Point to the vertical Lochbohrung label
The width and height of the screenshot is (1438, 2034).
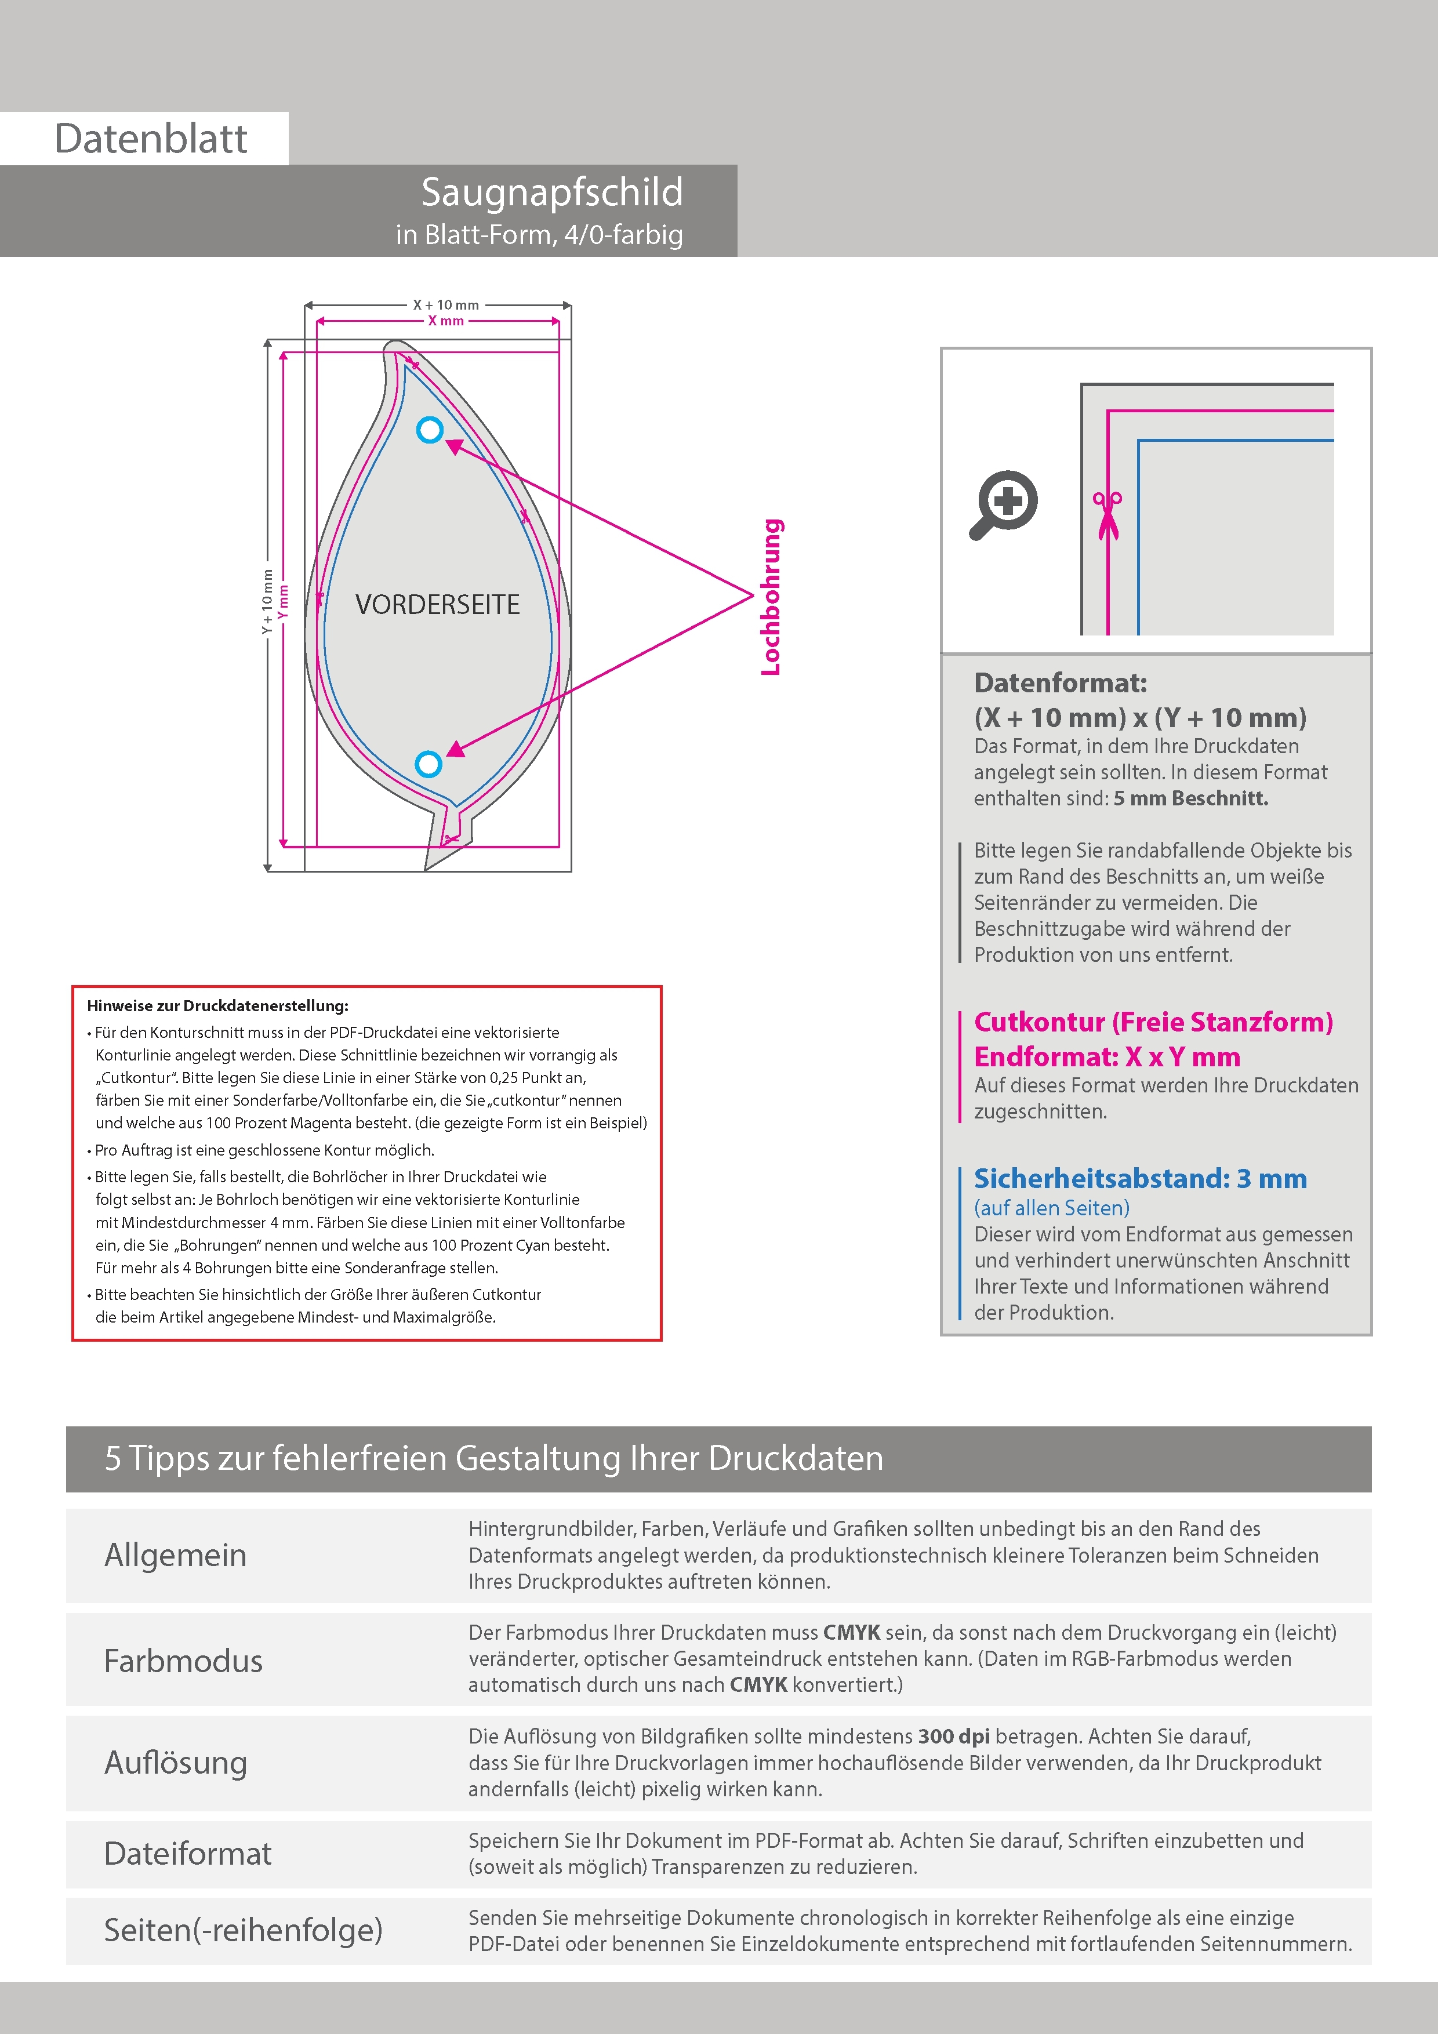[771, 597]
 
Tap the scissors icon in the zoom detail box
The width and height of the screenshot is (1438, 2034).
[1107, 514]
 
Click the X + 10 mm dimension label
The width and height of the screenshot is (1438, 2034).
[446, 305]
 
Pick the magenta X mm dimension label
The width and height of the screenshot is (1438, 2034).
[446, 321]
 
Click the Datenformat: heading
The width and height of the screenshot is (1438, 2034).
[1060, 683]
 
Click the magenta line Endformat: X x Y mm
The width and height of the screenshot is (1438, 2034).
[1107, 1057]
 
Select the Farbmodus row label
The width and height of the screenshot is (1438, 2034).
[183, 1661]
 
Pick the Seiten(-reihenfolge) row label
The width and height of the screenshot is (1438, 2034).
[243, 1930]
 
